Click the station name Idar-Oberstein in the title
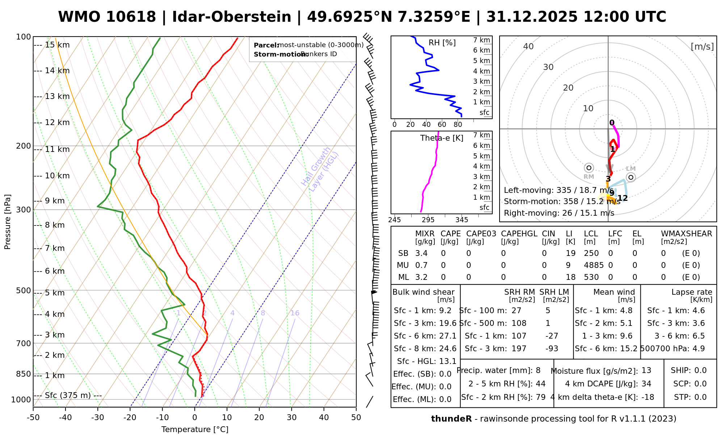(x=232, y=17)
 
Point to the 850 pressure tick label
(x=24, y=374)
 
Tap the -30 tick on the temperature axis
(x=98, y=418)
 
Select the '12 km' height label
(x=57, y=123)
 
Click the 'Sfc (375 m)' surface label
(x=68, y=395)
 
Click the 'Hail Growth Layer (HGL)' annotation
(x=320, y=169)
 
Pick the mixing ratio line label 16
(x=295, y=313)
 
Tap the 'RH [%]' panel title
(x=442, y=43)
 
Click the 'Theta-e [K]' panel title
(x=442, y=138)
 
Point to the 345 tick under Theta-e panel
(x=462, y=220)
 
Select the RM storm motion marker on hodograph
(x=589, y=168)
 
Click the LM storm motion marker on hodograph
(x=631, y=177)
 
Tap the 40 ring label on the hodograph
(x=529, y=46)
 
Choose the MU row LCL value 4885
(x=594, y=265)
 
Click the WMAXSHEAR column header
(x=686, y=234)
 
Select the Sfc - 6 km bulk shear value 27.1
(x=447, y=336)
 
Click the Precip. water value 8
(x=538, y=370)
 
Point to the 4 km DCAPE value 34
(x=646, y=384)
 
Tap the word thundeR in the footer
(x=451, y=419)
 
